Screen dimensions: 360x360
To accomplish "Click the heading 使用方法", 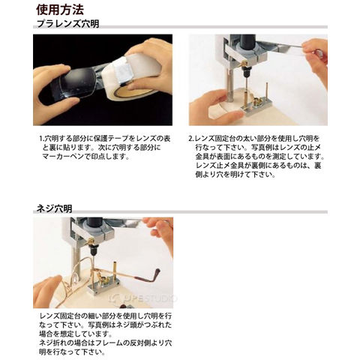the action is [60, 10].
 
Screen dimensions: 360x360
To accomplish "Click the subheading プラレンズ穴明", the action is [67, 24].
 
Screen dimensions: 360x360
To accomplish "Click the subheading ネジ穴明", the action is [54, 208].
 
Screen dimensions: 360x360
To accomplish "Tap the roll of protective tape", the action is [135, 75].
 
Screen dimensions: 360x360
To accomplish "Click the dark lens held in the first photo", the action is [75, 82].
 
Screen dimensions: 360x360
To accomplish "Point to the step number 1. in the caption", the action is [42, 139].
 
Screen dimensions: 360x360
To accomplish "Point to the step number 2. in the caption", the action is [191, 139].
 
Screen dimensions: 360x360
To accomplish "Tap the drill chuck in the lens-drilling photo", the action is [246, 72].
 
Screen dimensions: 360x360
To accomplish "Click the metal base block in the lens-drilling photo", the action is [256, 108].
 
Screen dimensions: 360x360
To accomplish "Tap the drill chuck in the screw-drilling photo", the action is [94, 250].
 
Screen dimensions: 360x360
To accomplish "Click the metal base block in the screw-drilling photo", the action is [103, 288].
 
